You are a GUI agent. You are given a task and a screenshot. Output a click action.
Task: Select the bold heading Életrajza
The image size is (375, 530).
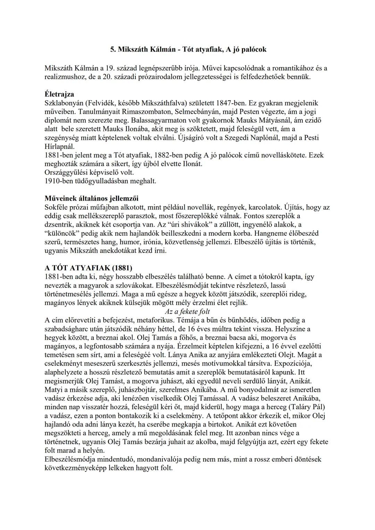[59, 94]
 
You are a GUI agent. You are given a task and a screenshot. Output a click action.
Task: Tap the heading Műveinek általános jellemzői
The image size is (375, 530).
[91, 199]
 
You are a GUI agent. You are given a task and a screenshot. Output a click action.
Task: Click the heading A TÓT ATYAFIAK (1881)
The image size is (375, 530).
[88, 268]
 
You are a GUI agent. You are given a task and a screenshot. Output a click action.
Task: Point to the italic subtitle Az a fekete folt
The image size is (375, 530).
[187, 311]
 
